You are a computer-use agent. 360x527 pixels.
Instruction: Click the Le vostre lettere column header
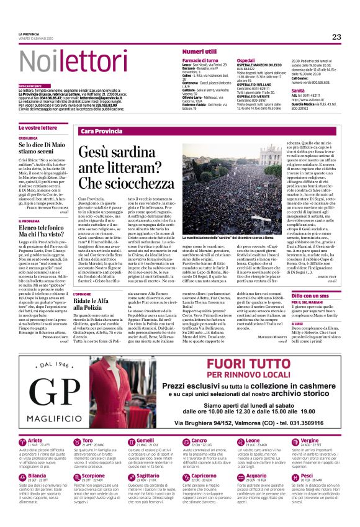[x=38, y=127]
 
